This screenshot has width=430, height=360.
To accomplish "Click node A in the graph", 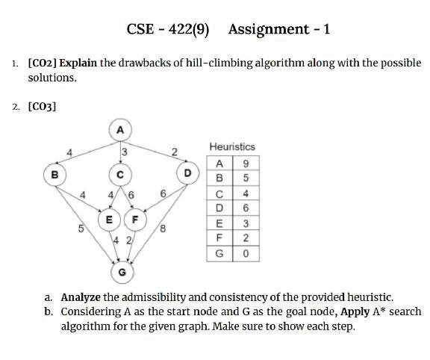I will click(119, 128).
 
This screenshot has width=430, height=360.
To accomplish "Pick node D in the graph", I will click(187, 173).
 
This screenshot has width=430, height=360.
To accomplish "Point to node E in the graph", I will click(109, 220).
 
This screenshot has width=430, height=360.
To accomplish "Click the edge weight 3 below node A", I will click(124, 152).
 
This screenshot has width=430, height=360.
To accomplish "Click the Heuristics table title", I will click(232, 147).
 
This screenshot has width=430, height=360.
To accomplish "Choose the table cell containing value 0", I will click(246, 255).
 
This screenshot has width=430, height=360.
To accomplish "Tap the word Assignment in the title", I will click(268, 30).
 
